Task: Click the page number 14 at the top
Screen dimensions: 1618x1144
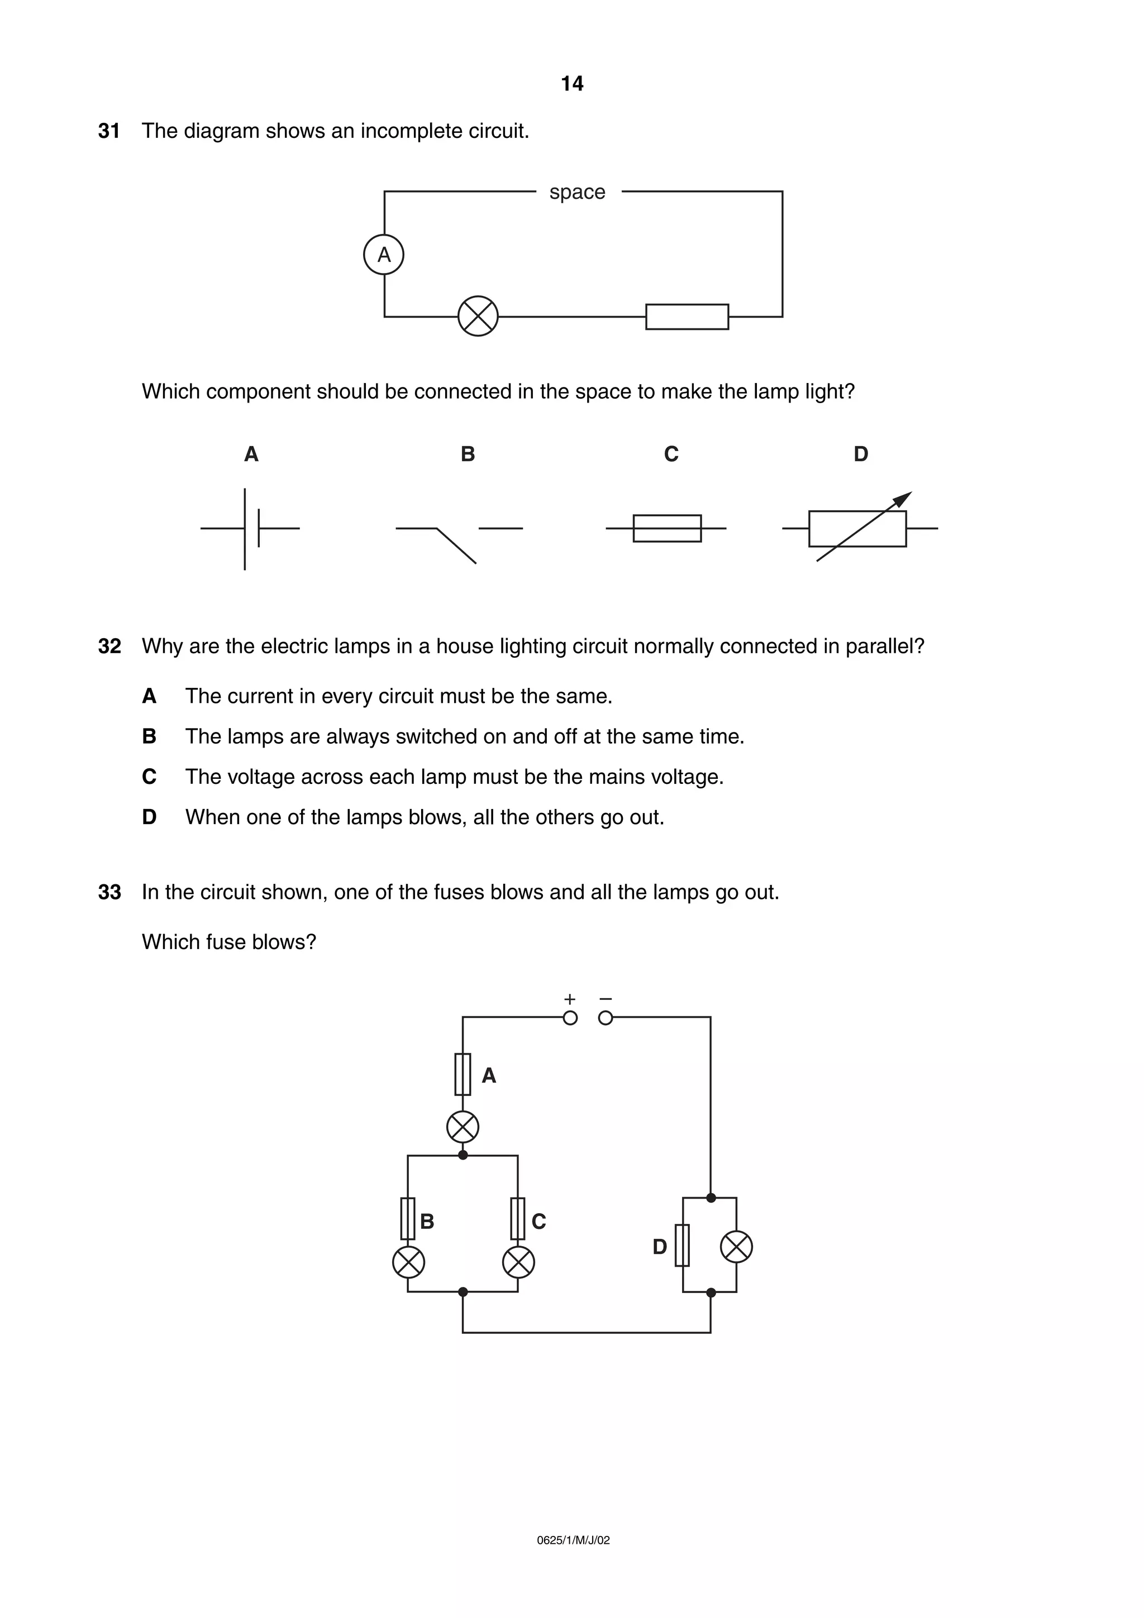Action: pos(571,84)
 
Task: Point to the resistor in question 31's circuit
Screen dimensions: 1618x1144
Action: pos(687,317)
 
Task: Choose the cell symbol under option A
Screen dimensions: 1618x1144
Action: pos(250,529)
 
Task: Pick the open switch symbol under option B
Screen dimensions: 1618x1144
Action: pos(458,539)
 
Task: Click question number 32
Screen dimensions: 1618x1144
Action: pos(109,646)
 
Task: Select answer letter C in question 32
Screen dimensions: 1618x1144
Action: pos(149,777)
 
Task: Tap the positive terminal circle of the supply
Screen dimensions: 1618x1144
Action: pos(570,1018)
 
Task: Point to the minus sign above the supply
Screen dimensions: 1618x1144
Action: pos(606,999)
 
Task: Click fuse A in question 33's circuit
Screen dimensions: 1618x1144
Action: pos(463,1074)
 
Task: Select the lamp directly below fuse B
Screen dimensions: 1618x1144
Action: pos(408,1261)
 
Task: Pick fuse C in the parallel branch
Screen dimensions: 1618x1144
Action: pos(517,1218)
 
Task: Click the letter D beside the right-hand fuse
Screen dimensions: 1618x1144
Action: pos(659,1247)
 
